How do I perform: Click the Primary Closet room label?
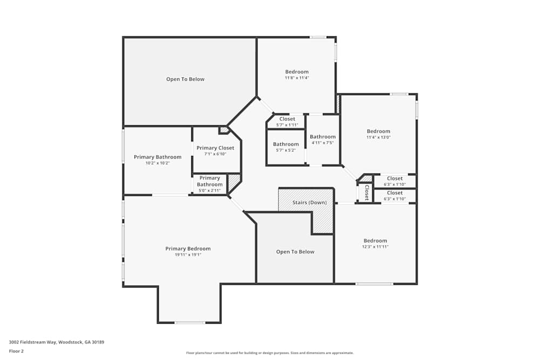tap(215, 148)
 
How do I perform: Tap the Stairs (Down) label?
tap(309, 202)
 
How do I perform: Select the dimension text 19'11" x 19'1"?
tap(188, 255)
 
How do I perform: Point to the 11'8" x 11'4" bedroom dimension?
tap(297, 78)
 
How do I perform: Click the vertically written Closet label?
tap(367, 192)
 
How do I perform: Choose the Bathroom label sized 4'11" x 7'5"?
tap(323, 137)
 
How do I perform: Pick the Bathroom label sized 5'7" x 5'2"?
tap(286, 144)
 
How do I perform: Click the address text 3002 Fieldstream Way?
tap(33, 342)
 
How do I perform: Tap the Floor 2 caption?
tap(16, 351)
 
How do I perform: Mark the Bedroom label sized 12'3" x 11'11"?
tap(375, 241)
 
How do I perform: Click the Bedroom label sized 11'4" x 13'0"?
tap(379, 131)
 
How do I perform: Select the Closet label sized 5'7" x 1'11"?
tap(287, 119)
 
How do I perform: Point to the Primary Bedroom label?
tap(188, 248)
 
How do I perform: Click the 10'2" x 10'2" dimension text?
tap(158, 163)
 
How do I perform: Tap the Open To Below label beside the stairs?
tap(295, 252)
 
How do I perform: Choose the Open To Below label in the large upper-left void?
tap(185, 79)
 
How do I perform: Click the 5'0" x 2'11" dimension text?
tap(210, 191)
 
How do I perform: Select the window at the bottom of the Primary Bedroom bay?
tap(190, 322)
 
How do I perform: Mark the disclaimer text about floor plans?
tap(269, 353)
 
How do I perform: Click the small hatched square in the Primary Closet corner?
tap(224, 130)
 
